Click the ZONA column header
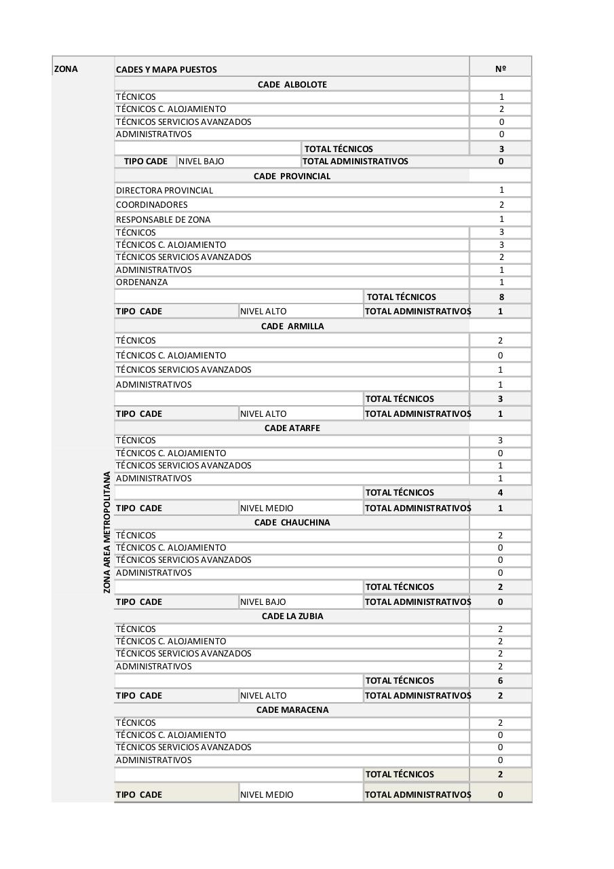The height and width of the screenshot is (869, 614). pos(66,69)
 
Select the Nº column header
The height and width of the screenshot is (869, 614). pos(501,69)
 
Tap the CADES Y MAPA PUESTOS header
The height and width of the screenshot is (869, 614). pos(166,69)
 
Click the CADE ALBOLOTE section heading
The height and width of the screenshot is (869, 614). pos(292,85)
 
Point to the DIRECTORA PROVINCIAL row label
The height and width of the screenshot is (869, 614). pos(164,191)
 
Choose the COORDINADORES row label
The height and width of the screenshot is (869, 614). pos(151,205)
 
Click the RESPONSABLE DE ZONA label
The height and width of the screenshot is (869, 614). pos(163,220)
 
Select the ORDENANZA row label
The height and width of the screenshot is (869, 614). pos(142,282)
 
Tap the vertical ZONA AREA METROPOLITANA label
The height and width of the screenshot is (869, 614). pos(107,532)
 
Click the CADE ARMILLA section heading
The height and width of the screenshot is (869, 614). pos(292,327)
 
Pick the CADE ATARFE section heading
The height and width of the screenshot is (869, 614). pos(292,428)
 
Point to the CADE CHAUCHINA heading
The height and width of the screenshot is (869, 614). pos(292,523)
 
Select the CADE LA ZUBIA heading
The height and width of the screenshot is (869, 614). pos(292,616)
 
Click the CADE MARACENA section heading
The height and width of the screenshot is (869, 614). pos(292,710)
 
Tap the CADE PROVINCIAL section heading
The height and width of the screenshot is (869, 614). pos(292,177)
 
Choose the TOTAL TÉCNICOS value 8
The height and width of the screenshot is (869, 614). pos(501,297)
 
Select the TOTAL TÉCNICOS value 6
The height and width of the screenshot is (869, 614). pos(501,681)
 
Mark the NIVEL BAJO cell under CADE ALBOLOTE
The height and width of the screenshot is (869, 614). pos(202,162)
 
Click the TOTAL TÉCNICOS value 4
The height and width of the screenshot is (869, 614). pos(501,493)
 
